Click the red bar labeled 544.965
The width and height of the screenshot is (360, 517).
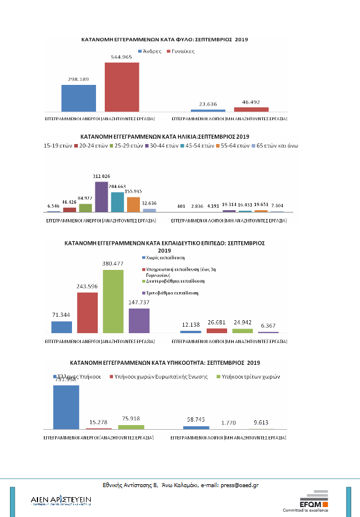pos(122,87)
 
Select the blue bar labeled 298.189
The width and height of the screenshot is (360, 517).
pos(78,98)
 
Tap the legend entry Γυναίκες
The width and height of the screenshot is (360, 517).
pos(183,51)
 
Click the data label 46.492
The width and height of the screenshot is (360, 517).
pos(251,102)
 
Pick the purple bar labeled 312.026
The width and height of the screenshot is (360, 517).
pos(101,196)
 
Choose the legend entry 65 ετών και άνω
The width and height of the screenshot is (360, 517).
pos(278,145)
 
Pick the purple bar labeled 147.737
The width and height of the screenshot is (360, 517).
pos(139,321)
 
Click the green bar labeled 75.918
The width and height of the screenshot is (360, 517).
pos(131,427)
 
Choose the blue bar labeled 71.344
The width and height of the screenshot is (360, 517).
pos(61,327)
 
